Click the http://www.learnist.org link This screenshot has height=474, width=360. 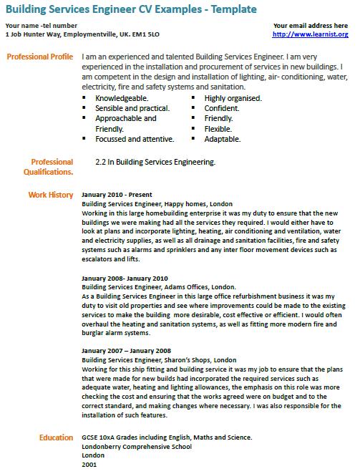(x=311, y=34)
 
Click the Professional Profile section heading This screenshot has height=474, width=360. (x=39, y=56)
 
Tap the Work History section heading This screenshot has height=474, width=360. (x=51, y=195)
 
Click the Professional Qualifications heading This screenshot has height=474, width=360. (x=52, y=167)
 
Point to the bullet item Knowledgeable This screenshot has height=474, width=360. (x=122, y=98)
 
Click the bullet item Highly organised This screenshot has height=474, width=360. (x=233, y=98)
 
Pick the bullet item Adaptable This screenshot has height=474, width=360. (x=222, y=139)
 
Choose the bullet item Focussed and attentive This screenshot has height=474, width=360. (x=134, y=139)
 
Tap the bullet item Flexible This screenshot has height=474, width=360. (x=218, y=129)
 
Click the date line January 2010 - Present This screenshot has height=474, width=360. (x=117, y=195)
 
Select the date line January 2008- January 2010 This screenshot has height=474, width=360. (x=125, y=278)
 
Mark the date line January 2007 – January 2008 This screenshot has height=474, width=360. (x=126, y=351)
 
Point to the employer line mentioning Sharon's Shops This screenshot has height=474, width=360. (x=159, y=359)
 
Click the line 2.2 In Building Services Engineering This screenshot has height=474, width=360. (x=155, y=163)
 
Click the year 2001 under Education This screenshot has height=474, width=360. (x=89, y=464)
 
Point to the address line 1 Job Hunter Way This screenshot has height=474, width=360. (x=82, y=34)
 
